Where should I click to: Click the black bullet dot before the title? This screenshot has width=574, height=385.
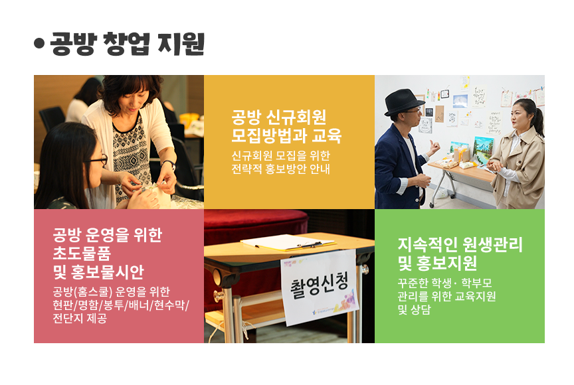tap(39, 44)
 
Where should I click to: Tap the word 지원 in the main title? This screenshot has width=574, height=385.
tap(181, 44)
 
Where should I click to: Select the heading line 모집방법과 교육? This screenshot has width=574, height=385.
tap(286, 135)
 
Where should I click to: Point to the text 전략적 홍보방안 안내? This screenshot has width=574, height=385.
tap(281, 169)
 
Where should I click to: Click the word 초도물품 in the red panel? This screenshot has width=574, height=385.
tap(82, 253)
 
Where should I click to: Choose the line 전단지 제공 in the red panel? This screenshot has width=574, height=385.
tap(80, 318)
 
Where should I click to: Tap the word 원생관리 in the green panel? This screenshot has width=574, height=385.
tap(492, 244)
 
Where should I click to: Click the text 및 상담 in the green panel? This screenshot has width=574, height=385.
tap(414, 310)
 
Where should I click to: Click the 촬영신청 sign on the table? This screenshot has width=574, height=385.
tap(319, 287)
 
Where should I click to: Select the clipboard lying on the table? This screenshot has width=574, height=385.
tap(288, 243)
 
